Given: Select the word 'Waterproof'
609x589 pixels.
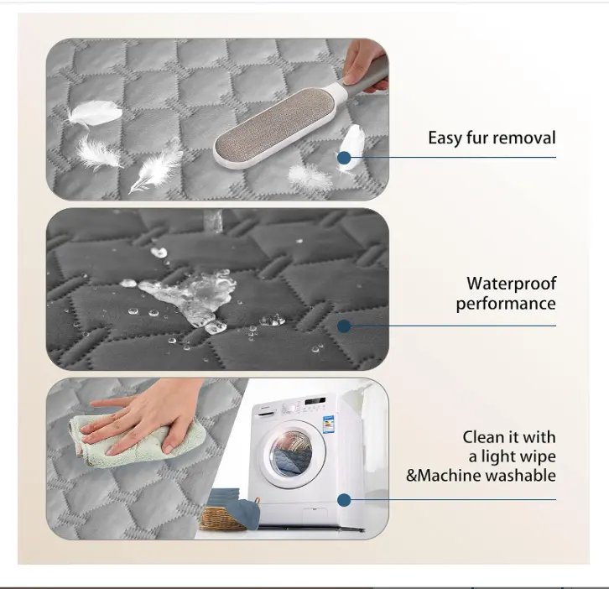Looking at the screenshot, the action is pyautogui.click(x=511, y=284).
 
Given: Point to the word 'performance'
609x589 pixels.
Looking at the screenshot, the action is pyautogui.click(x=506, y=304).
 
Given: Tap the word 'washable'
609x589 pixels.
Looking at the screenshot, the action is pyautogui.click(x=521, y=476).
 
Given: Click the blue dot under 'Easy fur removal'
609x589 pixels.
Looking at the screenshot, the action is pyautogui.click(x=344, y=158).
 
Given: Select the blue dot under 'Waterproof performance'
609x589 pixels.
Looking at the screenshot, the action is pyautogui.click(x=344, y=326).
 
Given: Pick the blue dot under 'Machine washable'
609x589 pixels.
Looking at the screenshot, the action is pyautogui.click(x=344, y=500).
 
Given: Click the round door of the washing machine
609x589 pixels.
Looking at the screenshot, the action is pyautogui.click(x=292, y=452).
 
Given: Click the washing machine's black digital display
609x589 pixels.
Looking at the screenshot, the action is pyautogui.click(x=315, y=400).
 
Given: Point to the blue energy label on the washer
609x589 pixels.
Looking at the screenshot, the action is pyautogui.click(x=329, y=424).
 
